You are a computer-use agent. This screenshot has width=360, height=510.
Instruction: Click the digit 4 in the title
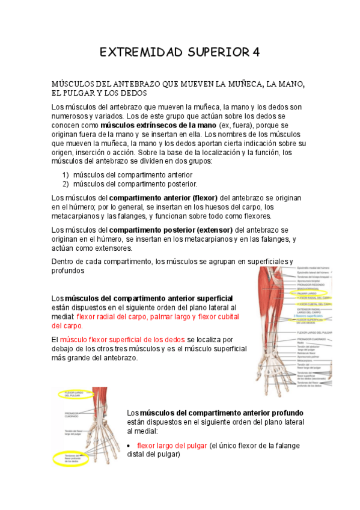coord(256,52)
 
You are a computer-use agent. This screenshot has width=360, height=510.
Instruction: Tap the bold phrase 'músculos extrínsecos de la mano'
coord(159,125)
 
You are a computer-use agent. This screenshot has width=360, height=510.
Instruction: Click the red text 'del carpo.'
coord(67,326)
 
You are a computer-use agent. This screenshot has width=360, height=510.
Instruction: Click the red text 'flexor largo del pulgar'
coord(172,446)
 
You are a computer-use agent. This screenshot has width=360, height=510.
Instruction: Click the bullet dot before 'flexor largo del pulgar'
coord(130,446)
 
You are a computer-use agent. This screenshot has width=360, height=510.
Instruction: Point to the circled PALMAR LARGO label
coord(306,293)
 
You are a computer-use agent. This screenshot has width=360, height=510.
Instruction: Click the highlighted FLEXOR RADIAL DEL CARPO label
coord(314,298)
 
